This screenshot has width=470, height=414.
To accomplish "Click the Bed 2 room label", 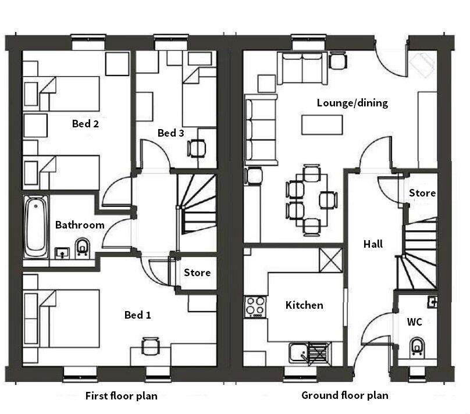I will [x=85, y=123].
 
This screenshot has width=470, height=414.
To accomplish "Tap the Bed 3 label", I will [x=171, y=133].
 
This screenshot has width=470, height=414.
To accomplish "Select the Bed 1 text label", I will [x=138, y=315].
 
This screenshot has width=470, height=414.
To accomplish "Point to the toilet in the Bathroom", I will [x=83, y=248].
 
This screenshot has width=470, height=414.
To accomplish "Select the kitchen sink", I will [x=300, y=352].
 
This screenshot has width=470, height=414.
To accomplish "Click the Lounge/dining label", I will [x=352, y=103].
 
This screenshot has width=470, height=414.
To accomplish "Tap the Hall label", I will [x=373, y=244].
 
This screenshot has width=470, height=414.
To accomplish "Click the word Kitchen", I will [x=304, y=305].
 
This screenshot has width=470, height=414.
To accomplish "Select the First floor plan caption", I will [x=121, y=397].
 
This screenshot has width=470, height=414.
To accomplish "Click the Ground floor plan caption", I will [x=344, y=396].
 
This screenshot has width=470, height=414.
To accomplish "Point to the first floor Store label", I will [x=197, y=273].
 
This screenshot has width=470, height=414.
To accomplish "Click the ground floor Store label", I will [x=422, y=193].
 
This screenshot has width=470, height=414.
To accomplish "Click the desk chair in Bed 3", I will [x=197, y=148].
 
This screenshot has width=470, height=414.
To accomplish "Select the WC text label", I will [x=415, y=322].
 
